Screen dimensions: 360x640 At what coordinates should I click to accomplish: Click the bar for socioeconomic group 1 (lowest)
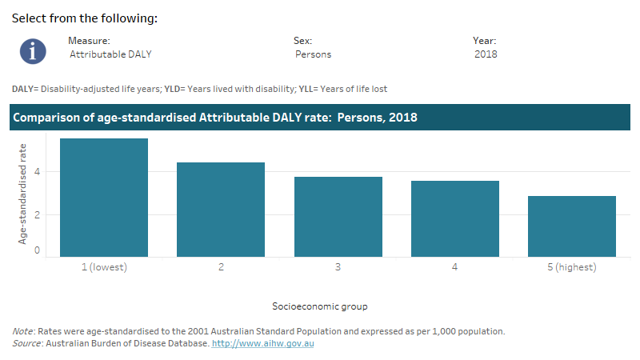click(x=104, y=198)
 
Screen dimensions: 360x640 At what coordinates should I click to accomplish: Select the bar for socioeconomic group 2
click(x=221, y=210)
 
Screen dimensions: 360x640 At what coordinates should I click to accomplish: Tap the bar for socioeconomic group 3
click(x=338, y=217)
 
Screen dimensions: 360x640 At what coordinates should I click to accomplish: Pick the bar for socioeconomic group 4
click(x=454, y=218)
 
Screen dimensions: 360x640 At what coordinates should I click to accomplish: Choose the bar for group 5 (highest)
click(x=571, y=226)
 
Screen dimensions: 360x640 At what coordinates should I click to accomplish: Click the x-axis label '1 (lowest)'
click(x=104, y=267)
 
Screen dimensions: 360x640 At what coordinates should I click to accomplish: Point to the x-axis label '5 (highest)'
click(x=571, y=267)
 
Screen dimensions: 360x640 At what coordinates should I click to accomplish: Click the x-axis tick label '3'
click(x=338, y=267)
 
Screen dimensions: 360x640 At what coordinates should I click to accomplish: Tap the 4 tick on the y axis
click(x=37, y=172)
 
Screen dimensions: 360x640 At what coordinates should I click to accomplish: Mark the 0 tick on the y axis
click(x=37, y=250)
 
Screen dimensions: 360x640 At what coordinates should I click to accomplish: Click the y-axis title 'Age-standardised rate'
click(x=23, y=193)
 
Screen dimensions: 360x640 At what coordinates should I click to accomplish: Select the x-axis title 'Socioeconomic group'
click(x=320, y=306)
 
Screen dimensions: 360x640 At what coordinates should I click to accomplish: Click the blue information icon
click(x=33, y=50)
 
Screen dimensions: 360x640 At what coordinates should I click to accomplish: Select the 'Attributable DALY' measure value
click(x=110, y=54)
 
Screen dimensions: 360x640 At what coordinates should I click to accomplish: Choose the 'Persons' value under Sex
click(x=313, y=54)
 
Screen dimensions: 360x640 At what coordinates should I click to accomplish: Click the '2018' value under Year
click(x=485, y=54)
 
